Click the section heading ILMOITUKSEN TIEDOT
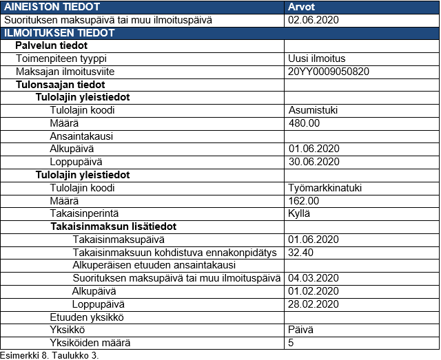[x=59, y=32]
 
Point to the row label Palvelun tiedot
[x=46, y=45]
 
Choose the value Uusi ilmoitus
[x=317, y=59]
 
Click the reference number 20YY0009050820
[x=329, y=72]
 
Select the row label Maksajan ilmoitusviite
[x=65, y=72]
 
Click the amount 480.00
[x=304, y=123]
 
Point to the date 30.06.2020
[x=314, y=162]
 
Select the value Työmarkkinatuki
[x=325, y=188]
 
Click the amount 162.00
[x=304, y=201]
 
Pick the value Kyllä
[x=298, y=214]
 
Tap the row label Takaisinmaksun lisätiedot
[x=113, y=226]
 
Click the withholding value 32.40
[x=301, y=253]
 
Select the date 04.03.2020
[x=314, y=278]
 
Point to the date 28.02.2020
[x=314, y=304]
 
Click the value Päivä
[x=300, y=330]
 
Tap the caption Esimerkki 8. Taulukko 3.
[x=50, y=355]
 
